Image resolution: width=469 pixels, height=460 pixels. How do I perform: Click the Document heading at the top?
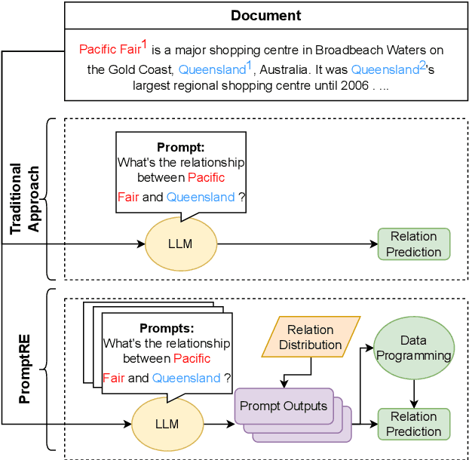(265, 15)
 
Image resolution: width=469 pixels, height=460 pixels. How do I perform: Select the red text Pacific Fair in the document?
(109, 51)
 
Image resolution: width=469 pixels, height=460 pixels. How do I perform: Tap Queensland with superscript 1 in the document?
(212, 70)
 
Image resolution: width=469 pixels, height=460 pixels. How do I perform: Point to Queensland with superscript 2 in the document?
(385, 70)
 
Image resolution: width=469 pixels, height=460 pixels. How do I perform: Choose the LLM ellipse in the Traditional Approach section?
(180, 244)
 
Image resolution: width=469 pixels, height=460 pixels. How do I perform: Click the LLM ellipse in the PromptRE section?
(167, 424)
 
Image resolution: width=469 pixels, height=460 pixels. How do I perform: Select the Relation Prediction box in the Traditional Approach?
(414, 244)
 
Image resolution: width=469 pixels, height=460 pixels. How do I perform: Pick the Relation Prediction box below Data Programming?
(414, 424)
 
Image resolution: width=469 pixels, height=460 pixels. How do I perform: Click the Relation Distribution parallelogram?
(310, 337)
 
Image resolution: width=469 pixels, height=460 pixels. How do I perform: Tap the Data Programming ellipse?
(413, 348)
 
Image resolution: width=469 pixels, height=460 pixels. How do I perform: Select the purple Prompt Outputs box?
(283, 406)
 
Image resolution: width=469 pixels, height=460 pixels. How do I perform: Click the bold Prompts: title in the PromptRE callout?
(167, 329)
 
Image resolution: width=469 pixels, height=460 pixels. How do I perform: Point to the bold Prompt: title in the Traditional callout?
(180, 147)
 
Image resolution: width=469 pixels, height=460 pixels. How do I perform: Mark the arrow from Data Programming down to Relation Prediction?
(413, 394)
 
